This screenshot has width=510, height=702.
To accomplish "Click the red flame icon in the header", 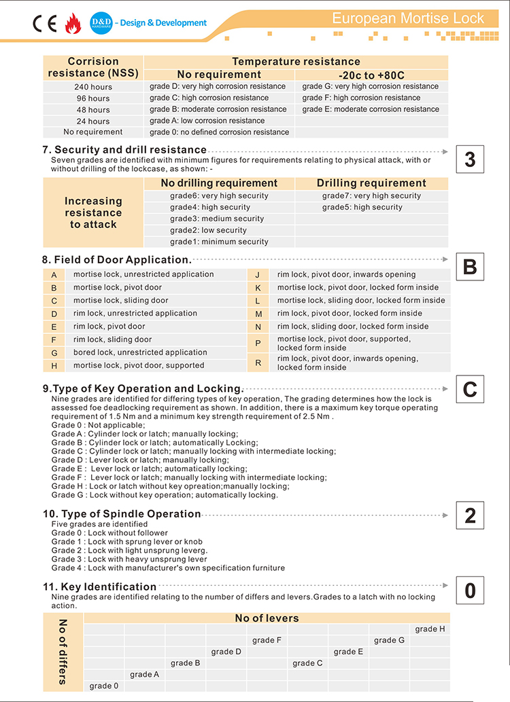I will click(72, 24).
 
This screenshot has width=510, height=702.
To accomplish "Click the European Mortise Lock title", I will click(408, 18).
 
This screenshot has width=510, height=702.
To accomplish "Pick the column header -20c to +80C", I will click(371, 75).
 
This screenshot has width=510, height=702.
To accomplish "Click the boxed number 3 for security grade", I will click(470, 160).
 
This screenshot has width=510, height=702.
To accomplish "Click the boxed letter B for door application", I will click(470, 267).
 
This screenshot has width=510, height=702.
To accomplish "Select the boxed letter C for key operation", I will click(470, 390).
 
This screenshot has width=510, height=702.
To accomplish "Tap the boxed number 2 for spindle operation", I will click(470, 515).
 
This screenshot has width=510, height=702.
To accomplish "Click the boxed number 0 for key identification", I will click(470, 591).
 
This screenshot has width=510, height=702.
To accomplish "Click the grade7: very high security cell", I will click(371, 196).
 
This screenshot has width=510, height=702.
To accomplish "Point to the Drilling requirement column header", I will click(371, 183).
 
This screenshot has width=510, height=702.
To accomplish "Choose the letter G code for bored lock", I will click(54, 353).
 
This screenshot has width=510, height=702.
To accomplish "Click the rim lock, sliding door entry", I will click(112, 339).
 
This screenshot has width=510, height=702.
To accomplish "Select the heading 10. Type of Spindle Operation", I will click(122, 514).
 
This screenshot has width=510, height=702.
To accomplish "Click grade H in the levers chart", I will click(430, 629).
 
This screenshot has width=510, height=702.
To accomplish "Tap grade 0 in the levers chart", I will click(104, 686).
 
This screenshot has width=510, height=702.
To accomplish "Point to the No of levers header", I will click(267, 618).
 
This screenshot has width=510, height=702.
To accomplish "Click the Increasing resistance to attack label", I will click(93, 213).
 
